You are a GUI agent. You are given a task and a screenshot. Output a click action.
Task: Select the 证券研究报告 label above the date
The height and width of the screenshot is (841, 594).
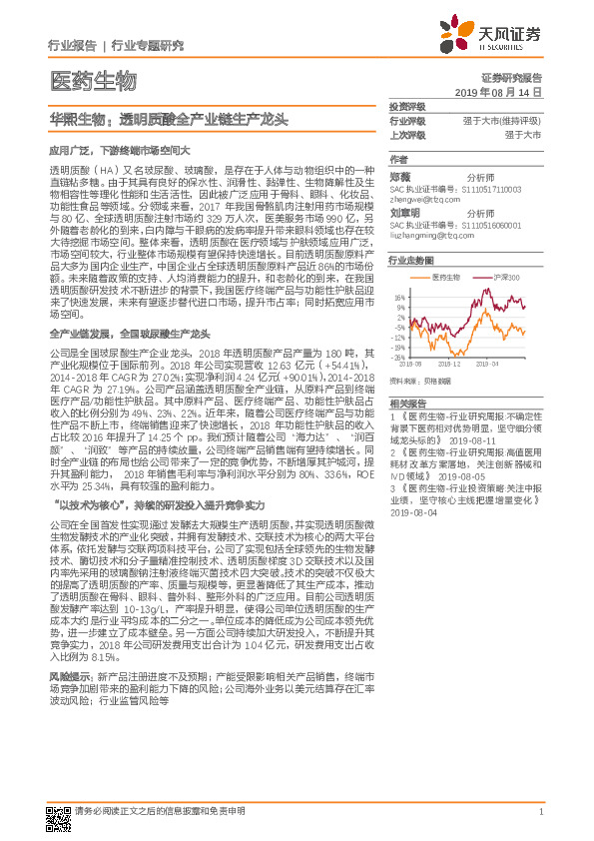pos(511,78)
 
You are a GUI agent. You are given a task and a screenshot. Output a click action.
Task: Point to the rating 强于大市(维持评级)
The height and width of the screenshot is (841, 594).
pos(507,120)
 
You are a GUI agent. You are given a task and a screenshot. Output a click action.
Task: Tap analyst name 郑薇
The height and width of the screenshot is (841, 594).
pos(399,176)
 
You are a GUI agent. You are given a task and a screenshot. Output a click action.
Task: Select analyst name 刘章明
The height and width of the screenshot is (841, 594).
pos(403,213)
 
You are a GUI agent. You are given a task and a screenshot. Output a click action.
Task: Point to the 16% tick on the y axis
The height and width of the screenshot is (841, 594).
pos(399,298)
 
